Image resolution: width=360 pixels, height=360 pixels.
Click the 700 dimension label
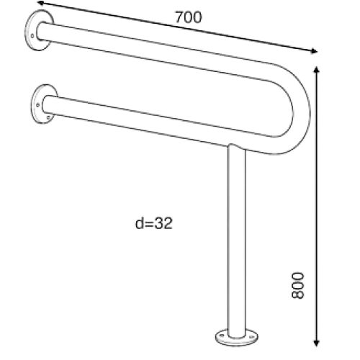tap(189, 17)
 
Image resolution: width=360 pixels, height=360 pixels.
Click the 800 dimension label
tap(297, 285)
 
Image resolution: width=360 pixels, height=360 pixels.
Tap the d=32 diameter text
tap(154, 223)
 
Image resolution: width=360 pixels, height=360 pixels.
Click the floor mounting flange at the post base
tap(237, 338)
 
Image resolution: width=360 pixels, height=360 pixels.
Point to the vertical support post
tap(237, 240)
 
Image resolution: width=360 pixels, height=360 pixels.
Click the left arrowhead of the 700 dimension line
tap(41, 3)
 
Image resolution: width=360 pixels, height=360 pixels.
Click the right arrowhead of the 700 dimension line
tap(314, 51)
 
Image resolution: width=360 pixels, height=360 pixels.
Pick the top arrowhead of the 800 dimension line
tap(316, 70)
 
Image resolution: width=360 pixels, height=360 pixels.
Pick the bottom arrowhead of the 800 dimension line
tap(316, 343)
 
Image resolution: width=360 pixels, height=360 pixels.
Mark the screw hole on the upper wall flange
tap(32, 36)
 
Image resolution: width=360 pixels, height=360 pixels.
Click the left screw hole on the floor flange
tap(222, 336)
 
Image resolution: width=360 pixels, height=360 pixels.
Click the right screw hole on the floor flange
tap(251, 337)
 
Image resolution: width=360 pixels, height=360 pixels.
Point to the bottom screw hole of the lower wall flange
tap(48, 117)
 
